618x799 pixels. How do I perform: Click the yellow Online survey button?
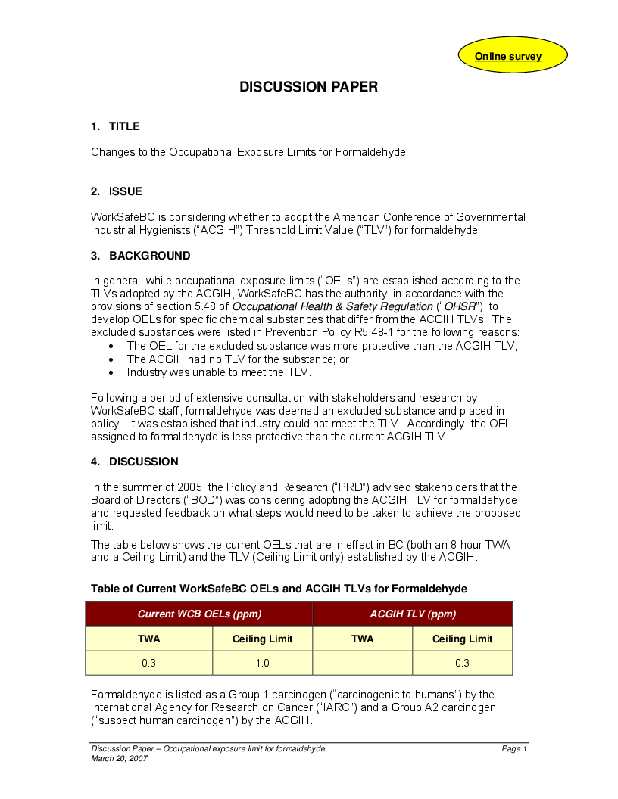click(508, 57)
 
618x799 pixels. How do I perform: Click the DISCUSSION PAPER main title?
click(308, 87)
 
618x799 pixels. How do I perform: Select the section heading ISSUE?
click(125, 191)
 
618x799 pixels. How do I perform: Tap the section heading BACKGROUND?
click(149, 256)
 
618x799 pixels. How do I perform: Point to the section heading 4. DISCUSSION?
click(135, 462)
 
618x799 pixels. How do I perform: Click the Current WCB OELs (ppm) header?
click(199, 614)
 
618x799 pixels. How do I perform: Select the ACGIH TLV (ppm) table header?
click(413, 614)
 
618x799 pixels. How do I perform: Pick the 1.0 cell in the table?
click(262, 664)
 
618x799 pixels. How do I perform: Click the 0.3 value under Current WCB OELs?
click(149, 664)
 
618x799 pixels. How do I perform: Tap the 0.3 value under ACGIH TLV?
click(462, 664)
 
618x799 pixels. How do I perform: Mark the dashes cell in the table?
click(362, 664)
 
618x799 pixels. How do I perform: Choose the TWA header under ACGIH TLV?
click(362, 639)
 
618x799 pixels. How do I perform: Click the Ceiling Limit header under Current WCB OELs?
click(262, 639)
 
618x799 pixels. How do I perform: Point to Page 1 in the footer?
click(514, 748)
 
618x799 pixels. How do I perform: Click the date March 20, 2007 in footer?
click(119, 758)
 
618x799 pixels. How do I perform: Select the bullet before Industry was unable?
click(112, 372)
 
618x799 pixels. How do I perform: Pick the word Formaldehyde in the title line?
click(370, 152)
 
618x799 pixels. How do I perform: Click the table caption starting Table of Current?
click(279, 589)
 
